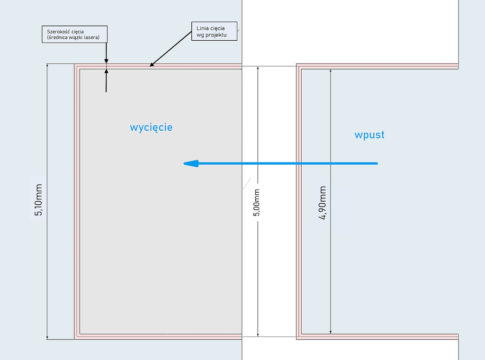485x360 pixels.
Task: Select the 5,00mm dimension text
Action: [257, 203]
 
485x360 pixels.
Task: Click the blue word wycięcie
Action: [151, 127]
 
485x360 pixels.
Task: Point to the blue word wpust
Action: [369, 135]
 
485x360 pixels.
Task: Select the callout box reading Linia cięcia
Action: [214, 31]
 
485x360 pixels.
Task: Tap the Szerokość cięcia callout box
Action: [73, 35]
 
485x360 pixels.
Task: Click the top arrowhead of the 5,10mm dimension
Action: [47, 66]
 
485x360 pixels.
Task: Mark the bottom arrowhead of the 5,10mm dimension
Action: [47, 337]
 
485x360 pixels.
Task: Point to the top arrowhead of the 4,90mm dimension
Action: [331, 72]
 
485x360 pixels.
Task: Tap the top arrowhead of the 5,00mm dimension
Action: [258, 69]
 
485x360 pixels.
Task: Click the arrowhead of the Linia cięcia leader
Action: [152, 64]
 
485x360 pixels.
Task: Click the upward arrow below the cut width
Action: [106, 72]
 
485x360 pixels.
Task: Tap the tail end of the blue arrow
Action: [377, 163]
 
